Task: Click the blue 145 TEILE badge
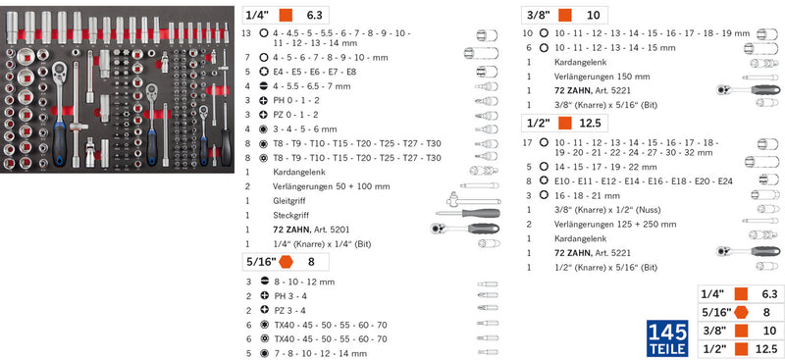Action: [668, 338]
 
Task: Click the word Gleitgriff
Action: [289, 201]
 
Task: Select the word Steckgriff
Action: [290, 215]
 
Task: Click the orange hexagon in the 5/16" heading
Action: [286, 261]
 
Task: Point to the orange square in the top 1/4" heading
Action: [286, 15]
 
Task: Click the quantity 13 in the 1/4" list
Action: [246, 33]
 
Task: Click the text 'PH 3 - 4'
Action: [290, 296]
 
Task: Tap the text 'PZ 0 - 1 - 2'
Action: [295, 115]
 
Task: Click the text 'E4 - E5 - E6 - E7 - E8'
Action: [315, 72]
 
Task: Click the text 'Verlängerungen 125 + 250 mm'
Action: [615, 224]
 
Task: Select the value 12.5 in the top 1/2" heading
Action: [591, 123]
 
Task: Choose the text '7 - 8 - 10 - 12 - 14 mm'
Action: [321, 353]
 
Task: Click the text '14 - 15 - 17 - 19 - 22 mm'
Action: [605, 167]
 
